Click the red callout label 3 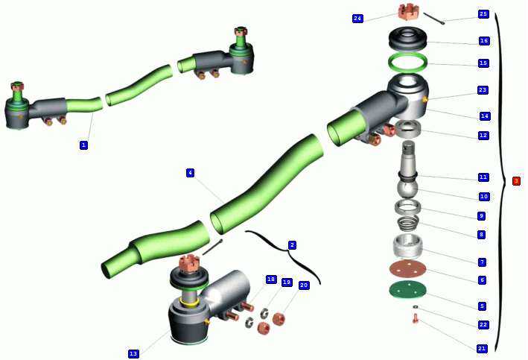[516, 181]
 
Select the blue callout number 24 [357, 19]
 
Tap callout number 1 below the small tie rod [83, 145]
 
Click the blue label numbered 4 [190, 173]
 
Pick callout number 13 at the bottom [133, 353]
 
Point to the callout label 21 [482, 349]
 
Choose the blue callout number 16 [484, 41]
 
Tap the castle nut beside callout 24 [408, 12]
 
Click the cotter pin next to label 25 [434, 18]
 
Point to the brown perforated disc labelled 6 [408, 269]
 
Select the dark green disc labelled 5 [408, 290]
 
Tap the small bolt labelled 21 [416, 318]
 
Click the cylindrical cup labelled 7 [408, 247]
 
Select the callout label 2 [292, 245]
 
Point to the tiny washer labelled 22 [416, 307]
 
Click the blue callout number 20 [303, 285]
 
